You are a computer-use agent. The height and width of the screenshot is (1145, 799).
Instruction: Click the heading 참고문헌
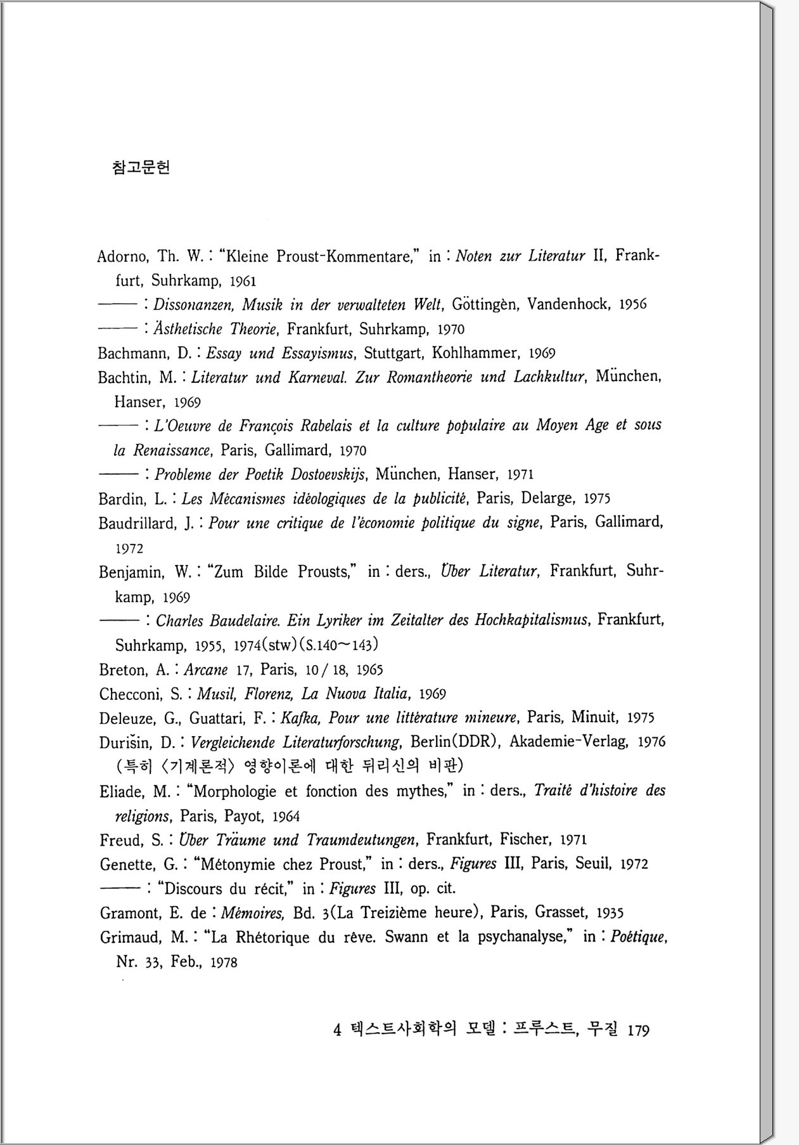pos(141,168)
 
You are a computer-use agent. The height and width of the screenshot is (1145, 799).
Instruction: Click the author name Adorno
pos(122,257)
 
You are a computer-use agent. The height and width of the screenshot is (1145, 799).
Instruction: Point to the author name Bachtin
pos(124,378)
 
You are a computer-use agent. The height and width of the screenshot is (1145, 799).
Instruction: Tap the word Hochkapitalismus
pos(531,620)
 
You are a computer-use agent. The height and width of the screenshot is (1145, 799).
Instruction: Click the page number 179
pos(638,1031)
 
